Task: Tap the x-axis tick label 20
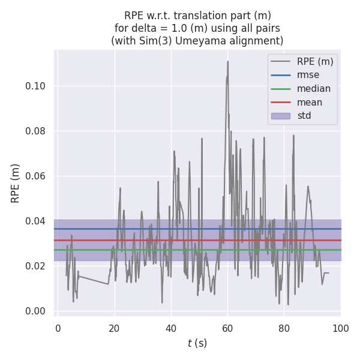click(x=114, y=328)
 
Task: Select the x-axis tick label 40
click(x=170, y=328)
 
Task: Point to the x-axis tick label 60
click(x=227, y=328)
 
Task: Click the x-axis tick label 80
click(x=284, y=328)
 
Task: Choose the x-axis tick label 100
click(x=340, y=328)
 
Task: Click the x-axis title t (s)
click(x=197, y=343)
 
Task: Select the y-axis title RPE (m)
click(x=16, y=183)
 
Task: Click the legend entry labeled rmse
click(x=308, y=75)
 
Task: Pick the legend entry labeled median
click(x=313, y=89)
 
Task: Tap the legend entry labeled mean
click(x=310, y=102)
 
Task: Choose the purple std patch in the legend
click(x=280, y=115)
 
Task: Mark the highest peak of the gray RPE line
click(x=228, y=61)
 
